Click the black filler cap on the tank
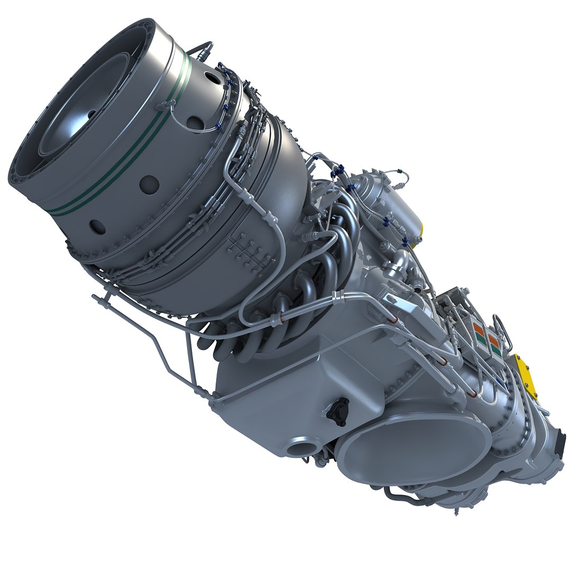pyautogui.click(x=337, y=410)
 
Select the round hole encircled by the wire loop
pyautogui.click(x=195, y=123)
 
